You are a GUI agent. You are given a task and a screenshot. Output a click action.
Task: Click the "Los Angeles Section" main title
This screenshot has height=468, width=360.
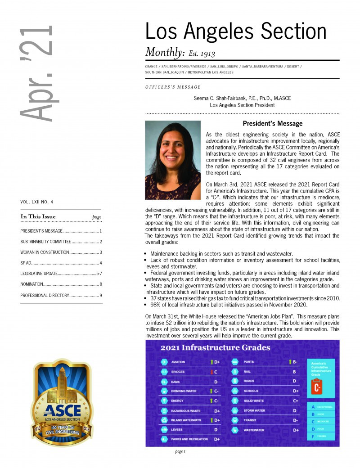click(x=235, y=31)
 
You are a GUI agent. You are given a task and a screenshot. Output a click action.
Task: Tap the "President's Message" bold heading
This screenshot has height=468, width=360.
click(x=272, y=123)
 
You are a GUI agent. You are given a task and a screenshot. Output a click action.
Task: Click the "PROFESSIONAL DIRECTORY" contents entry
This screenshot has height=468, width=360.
click(x=45, y=295)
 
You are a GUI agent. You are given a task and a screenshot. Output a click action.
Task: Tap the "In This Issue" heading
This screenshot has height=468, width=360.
click(x=38, y=217)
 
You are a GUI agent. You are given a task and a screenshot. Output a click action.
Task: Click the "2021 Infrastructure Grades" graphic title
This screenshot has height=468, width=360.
click(x=215, y=347)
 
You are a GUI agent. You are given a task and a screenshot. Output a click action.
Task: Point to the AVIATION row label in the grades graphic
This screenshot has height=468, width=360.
click(x=178, y=362)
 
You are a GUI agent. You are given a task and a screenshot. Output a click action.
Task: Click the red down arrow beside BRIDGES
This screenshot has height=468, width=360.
click(x=211, y=372)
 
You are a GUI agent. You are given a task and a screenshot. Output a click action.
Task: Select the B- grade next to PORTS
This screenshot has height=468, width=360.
click(x=295, y=362)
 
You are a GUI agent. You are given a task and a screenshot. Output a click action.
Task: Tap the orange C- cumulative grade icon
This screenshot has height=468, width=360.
click(x=317, y=387)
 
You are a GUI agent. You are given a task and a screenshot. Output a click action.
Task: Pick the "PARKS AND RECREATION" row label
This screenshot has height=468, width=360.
click(x=189, y=439)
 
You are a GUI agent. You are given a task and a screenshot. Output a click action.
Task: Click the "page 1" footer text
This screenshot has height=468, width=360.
click(x=180, y=451)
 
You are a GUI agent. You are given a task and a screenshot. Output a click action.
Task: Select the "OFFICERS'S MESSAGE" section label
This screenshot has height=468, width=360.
click(x=173, y=87)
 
